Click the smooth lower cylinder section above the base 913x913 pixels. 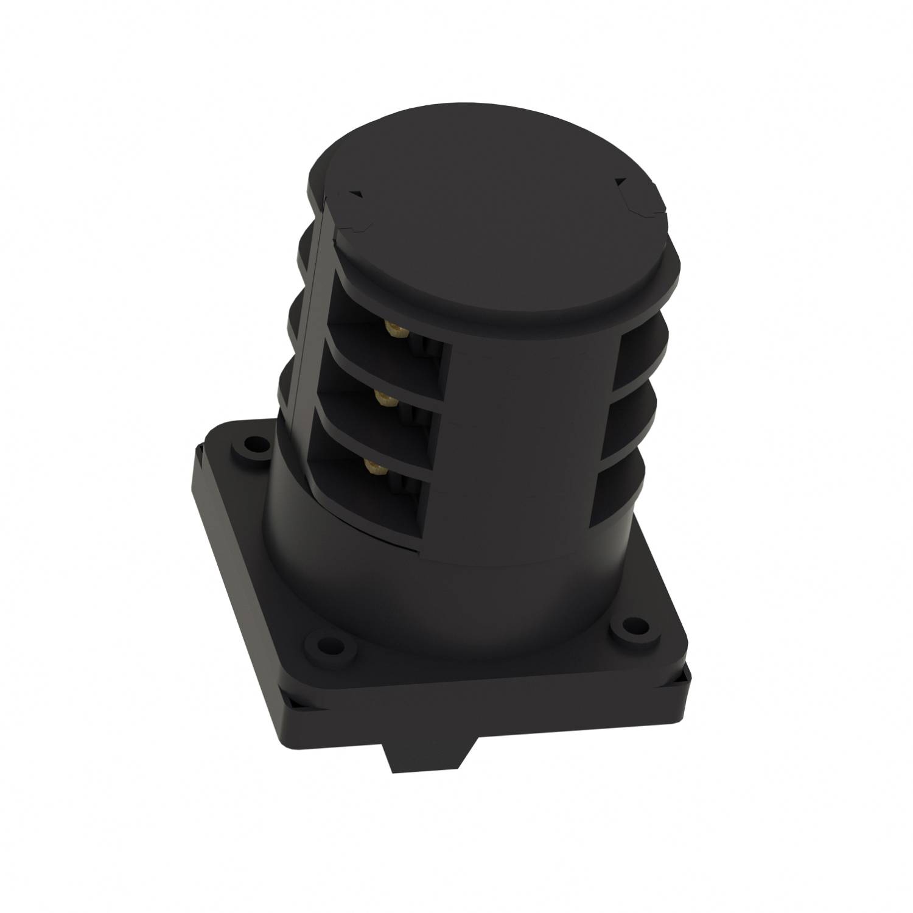(426, 584)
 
